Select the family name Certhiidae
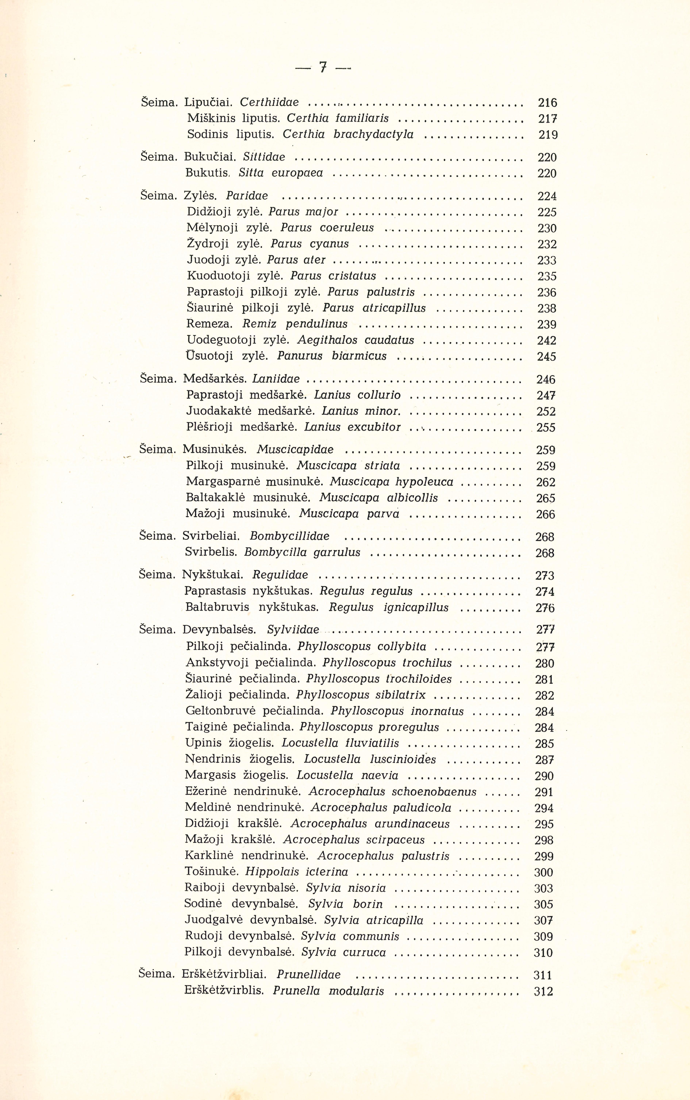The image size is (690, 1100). click(x=269, y=102)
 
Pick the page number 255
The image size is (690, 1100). click(x=546, y=428)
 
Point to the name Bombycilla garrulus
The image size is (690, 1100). click(x=302, y=552)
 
